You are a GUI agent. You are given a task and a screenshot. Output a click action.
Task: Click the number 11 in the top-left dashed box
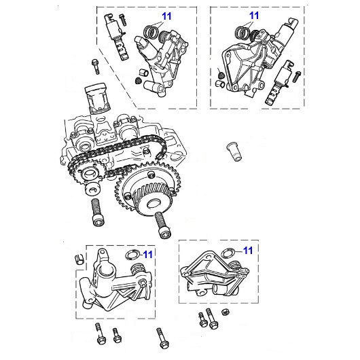coord(167,14)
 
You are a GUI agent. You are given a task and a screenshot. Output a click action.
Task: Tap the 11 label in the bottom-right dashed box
coord(249,250)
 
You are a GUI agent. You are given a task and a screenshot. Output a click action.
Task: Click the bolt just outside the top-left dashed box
coord(96,68)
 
